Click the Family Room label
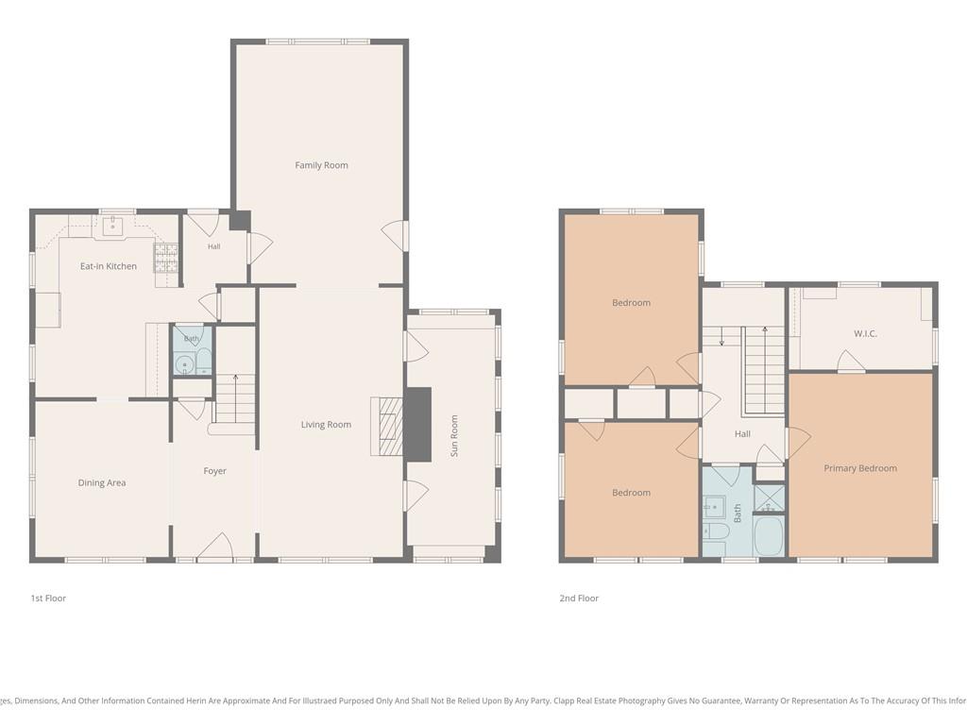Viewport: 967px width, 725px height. click(x=321, y=165)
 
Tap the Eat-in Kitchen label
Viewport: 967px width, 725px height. click(x=109, y=266)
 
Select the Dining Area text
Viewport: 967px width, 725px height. click(x=102, y=482)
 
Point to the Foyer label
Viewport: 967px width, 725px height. click(x=214, y=471)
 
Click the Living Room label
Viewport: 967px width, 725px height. click(x=326, y=424)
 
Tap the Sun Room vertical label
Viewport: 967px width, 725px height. click(x=454, y=436)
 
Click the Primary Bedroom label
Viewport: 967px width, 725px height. click(x=860, y=468)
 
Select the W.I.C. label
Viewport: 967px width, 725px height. click(x=865, y=333)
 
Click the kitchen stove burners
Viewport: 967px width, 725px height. click(x=166, y=258)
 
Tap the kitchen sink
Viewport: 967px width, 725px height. click(x=113, y=226)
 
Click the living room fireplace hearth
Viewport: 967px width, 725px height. click(x=386, y=427)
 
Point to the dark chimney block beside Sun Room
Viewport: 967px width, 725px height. click(x=417, y=425)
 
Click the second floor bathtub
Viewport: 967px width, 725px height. click(x=769, y=535)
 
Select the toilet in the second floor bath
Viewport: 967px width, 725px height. click(x=714, y=531)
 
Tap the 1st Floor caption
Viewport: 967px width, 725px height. click(x=48, y=598)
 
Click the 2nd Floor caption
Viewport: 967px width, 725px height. click(x=579, y=598)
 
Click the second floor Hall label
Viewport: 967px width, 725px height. click(x=742, y=434)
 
